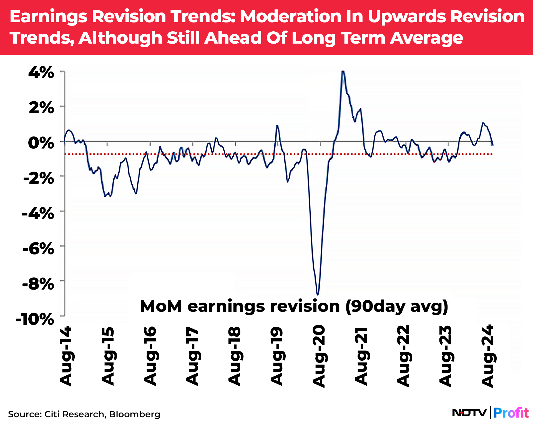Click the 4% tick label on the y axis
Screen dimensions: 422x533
41,73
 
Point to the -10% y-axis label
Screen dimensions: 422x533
35,319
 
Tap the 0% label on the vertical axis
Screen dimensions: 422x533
41,143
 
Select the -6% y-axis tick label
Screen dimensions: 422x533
38,248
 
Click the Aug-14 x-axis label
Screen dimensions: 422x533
66,356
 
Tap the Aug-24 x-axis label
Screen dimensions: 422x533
488,356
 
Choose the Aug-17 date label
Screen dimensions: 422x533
192,356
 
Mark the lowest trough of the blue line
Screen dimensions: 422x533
318,294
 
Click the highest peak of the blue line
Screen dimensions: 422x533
343,71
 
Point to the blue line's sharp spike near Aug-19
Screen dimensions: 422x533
277,125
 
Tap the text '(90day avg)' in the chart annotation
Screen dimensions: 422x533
397,307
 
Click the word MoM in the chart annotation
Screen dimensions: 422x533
161,307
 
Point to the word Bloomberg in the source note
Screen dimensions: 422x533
135,414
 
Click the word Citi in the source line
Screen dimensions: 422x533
52,414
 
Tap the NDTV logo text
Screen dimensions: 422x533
469,413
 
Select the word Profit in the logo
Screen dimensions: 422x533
511,413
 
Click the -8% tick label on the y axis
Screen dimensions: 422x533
38,284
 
